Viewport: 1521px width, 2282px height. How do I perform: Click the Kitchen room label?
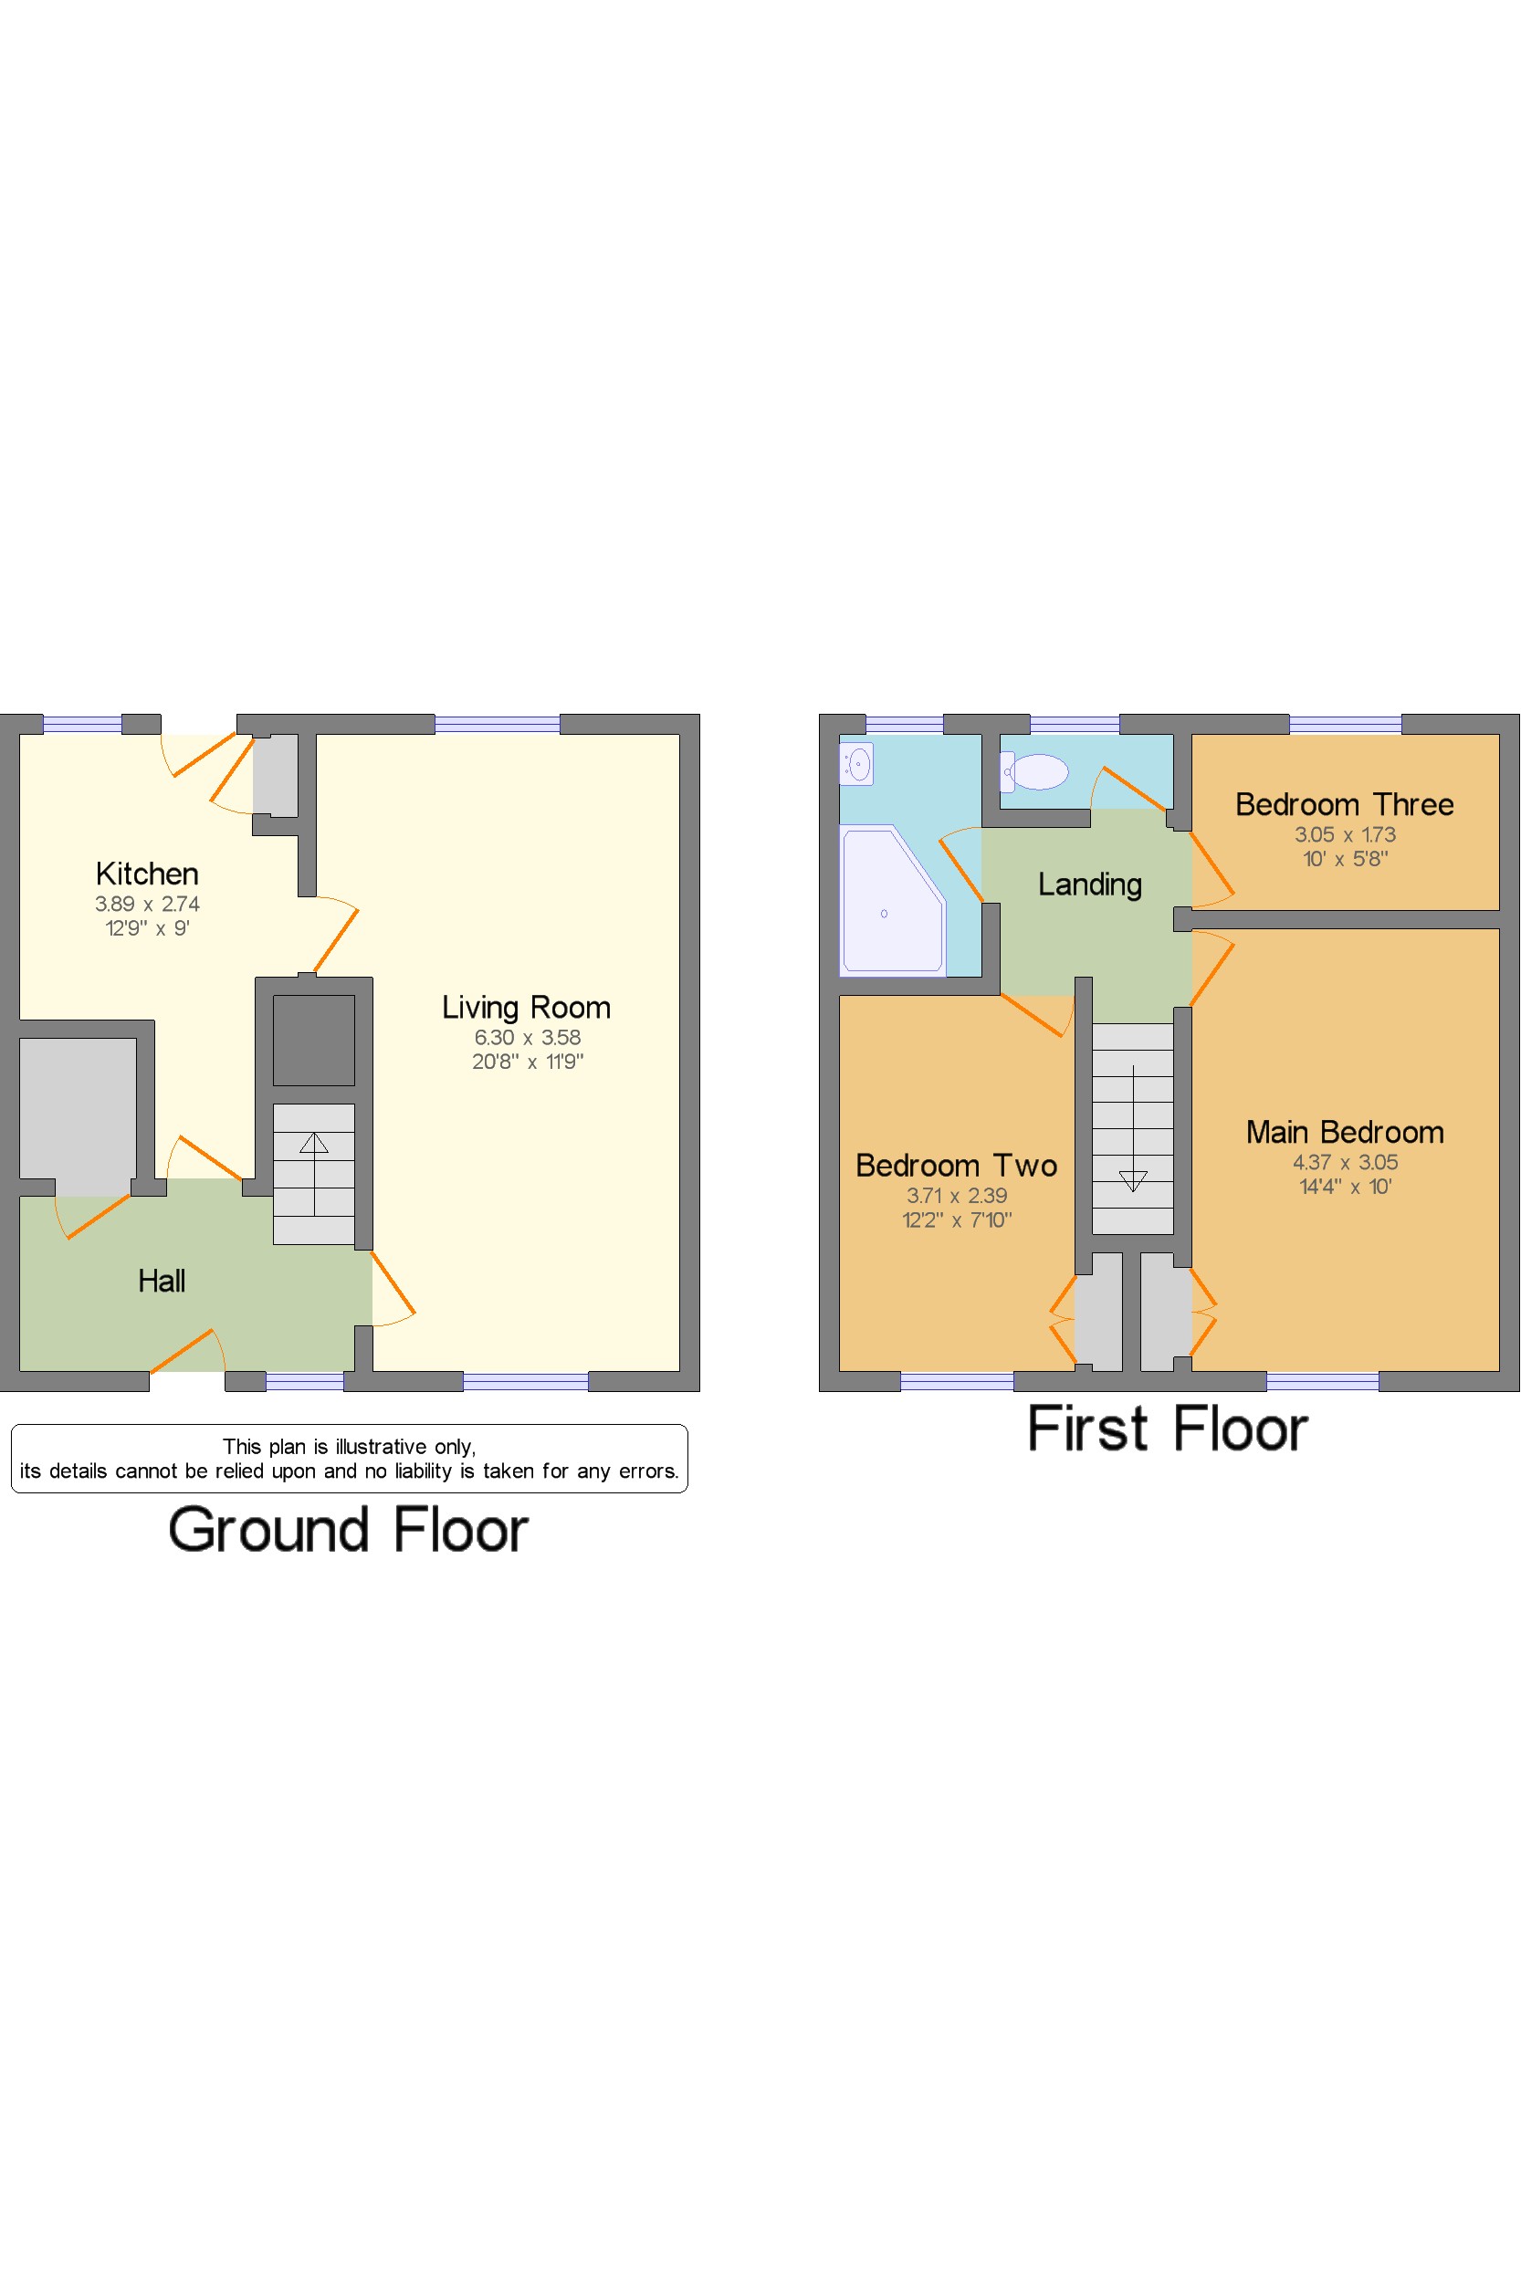pos(148,874)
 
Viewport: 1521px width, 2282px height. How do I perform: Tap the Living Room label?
pos(527,1008)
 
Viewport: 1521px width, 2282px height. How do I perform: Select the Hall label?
pos(161,1282)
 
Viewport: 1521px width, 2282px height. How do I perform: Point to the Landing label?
pos(1090,885)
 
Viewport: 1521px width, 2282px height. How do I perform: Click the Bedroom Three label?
pos(1345,804)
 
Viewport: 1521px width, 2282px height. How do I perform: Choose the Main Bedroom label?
pos(1345,1132)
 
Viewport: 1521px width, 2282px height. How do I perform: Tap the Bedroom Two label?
pos(957,1165)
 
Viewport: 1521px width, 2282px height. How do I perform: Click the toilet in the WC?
pos(1034,772)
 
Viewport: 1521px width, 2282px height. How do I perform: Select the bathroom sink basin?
pos(856,763)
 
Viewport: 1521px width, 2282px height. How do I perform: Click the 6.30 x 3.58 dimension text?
pos(528,1038)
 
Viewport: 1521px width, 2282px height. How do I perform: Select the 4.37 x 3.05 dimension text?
pos(1346,1162)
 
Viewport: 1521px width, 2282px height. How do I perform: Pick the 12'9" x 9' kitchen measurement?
pos(148,928)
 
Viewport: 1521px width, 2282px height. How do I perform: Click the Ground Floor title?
pos(348,1530)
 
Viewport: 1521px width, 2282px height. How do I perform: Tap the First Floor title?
pos(1168,1429)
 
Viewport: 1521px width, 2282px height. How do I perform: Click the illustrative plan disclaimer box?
pos(349,1459)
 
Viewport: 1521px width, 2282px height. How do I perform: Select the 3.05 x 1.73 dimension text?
pos(1346,834)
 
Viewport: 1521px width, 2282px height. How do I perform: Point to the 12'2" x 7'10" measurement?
pos(958,1220)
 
